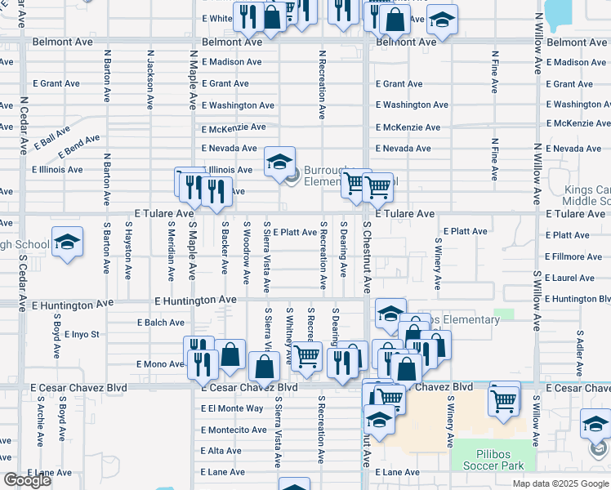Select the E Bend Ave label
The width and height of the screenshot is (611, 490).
click(x=78, y=145)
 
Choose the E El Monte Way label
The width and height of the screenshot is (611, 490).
click(x=232, y=408)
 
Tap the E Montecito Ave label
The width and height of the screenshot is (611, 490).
click(x=233, y=430)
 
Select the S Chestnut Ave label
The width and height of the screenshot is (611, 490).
click(x=368, y=257)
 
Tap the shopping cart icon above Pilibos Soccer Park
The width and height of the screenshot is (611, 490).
click(x=504, y=399)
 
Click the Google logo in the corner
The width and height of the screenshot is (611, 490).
click(x=27, y=480)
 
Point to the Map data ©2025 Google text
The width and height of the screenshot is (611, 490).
click(x=560, y=483)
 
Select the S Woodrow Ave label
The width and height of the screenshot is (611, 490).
click(x=246, y=252)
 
